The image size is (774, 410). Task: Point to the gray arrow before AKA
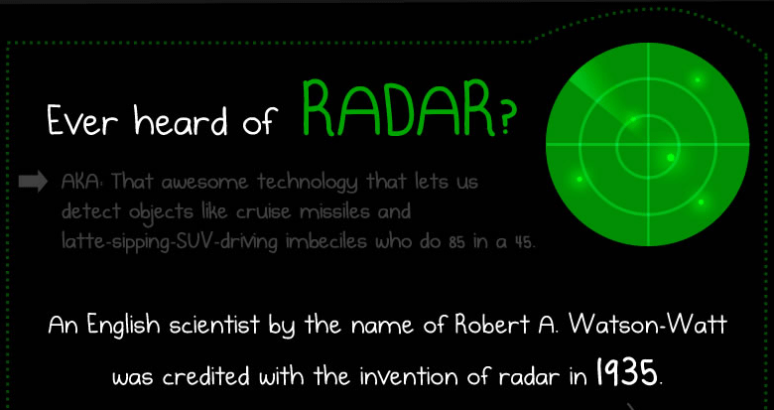tap(33, 182)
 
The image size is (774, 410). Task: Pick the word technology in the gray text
tap(307, 184)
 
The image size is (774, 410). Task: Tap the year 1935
tap(626, 372)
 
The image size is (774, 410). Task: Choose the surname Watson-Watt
tap(647, 326)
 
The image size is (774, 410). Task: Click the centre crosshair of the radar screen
tap(648, 144)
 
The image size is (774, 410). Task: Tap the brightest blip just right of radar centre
tap(671, 158)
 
